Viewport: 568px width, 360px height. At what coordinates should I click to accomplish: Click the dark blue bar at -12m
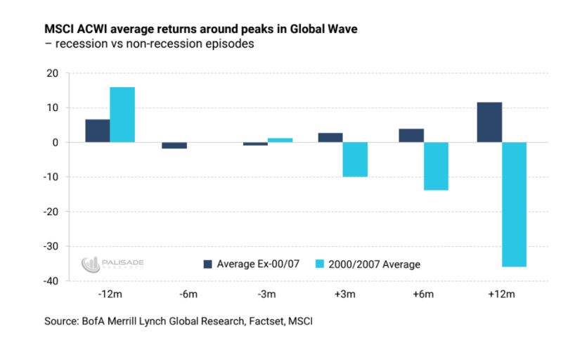click(x=98, y=131)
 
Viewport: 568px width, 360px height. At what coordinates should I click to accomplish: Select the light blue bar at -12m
click(x=122, y=115)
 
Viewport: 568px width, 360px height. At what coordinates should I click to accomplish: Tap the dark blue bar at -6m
click(x=175, y=146)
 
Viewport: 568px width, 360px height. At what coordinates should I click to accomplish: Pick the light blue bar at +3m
click(x=355, y=160)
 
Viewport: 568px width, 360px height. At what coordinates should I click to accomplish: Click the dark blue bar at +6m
click(x=411, y=136)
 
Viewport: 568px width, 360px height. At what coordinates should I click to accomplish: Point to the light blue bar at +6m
click(x=436, y=166)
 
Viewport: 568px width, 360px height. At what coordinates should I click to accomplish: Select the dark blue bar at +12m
click(x=489, y=122)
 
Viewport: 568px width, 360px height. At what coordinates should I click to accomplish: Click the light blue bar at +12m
click(x=514, y=205)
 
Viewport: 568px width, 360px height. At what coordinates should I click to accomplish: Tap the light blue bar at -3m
click(x=280, y=140)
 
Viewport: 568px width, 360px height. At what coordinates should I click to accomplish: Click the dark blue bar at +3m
click(x=330, y=138)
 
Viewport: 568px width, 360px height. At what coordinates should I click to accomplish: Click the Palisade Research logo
click(x=112, y=264)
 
